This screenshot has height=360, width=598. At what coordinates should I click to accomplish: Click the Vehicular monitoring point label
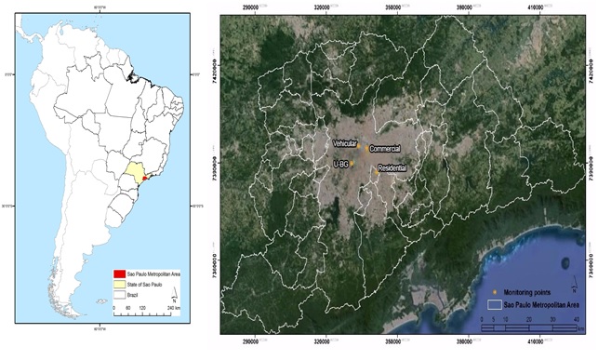[348, 144]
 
